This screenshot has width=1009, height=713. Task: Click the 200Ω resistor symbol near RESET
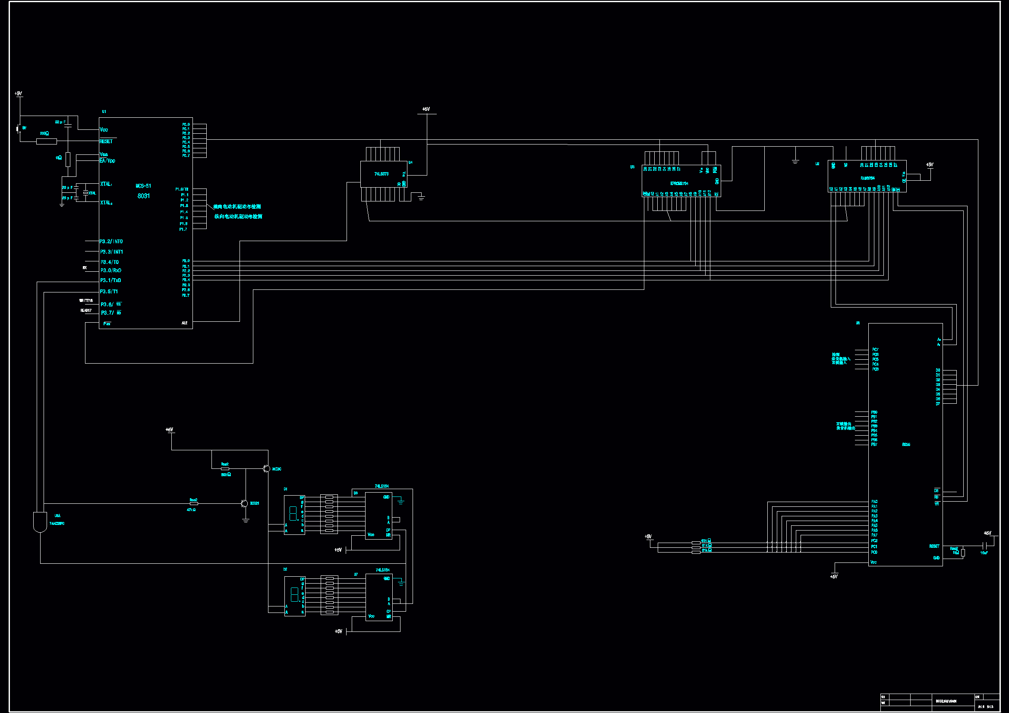tap(46, 141)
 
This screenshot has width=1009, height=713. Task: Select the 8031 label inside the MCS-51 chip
tap(143, 196)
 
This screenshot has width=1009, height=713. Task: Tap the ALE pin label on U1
tap(184, 323)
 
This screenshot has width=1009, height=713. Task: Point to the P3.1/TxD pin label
tap(110, 280)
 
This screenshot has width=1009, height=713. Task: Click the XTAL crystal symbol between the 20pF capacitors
tap(86, 193)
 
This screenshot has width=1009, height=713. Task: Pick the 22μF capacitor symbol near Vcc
tap(68, 125)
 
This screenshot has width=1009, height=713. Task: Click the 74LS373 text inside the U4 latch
tap(381, 174)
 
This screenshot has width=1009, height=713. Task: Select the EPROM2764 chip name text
tap(679, 183)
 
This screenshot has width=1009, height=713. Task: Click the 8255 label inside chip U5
tap(906, 445)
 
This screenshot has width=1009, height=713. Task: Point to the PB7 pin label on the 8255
tap(874, 445)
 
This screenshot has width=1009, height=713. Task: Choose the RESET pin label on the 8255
tap(934, 546)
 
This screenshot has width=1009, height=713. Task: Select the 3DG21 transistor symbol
tap(245, 503)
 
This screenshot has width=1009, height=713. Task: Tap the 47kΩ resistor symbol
tap(193, 503)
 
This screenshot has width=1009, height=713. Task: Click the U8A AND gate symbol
tap(40, 522)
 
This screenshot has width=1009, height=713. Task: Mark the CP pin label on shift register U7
tap(388, 612)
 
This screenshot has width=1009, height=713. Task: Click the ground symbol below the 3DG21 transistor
tap(246, 520)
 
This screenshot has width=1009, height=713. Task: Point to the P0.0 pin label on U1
tap(186, 124)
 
